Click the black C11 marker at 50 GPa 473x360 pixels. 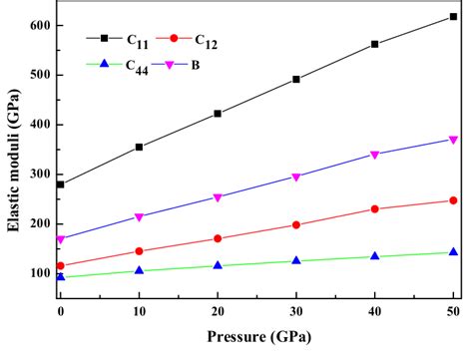453,17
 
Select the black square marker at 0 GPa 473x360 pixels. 60,184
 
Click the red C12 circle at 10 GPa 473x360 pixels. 139,251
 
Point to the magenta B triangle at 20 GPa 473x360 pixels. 218,197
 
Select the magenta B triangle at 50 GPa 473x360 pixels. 453,140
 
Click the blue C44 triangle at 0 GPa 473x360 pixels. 60,276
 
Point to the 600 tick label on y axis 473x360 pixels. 39,25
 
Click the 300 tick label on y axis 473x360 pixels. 39,174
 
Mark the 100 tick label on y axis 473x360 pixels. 39,273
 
